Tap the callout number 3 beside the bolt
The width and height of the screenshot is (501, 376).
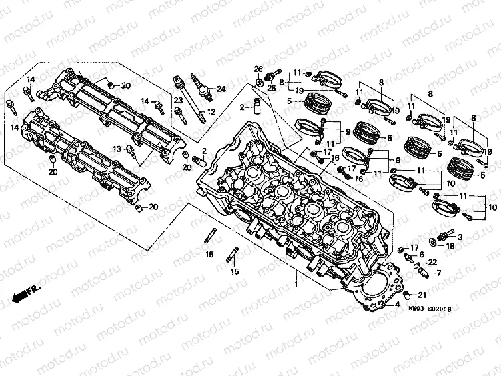[x=460, y=237]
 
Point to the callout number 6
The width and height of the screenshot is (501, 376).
[x=422, y=255]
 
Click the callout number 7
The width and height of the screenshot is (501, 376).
[x=438, y=273]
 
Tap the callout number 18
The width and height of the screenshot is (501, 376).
[x=450, y=246]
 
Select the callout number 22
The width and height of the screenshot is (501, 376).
[x=432, y=262]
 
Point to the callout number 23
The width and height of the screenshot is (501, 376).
[x=178, y=100]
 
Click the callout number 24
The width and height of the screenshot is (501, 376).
[x=221, y=89]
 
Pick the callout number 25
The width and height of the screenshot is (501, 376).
[x=271, y=88]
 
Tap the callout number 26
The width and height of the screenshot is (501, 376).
[x=258, y=69]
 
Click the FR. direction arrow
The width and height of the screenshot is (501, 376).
[x=27, y=292]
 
